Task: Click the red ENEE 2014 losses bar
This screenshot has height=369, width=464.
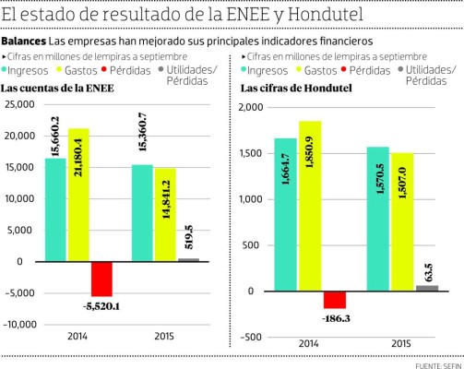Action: point(101,279)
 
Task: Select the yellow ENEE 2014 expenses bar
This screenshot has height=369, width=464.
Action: point(78,195)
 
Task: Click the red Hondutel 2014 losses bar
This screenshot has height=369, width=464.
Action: point(335,300)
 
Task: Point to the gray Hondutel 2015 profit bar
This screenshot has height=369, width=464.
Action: point(427,288)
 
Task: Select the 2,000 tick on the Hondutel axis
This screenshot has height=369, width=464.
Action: point(249,108)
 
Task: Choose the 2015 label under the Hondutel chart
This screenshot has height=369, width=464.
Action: point(401,343)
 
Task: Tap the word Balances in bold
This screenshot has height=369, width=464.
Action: point(23,42)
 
